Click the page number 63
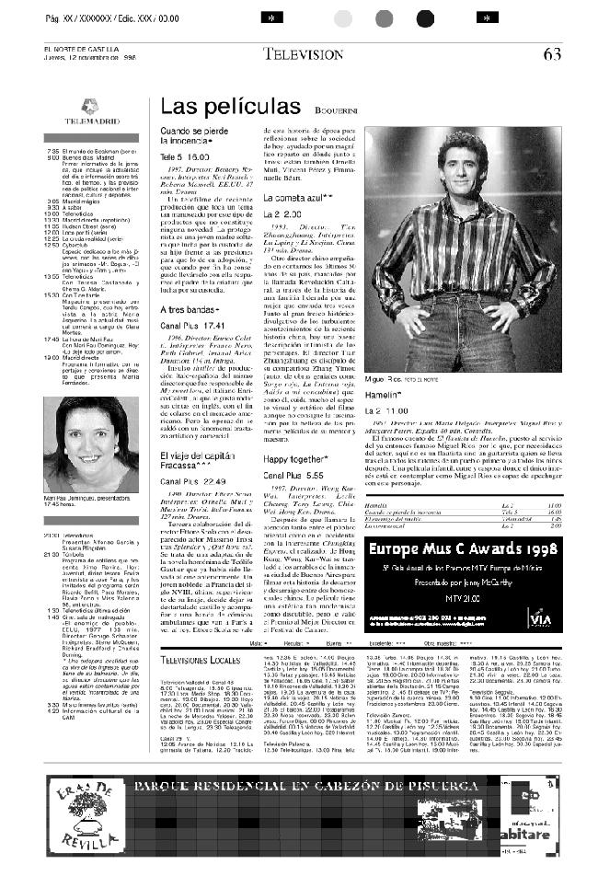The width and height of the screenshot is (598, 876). point(551,53)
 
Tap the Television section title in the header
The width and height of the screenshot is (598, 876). point(303,53)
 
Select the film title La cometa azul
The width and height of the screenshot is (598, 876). point(293,198)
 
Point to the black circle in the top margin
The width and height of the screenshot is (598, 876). point(424,18)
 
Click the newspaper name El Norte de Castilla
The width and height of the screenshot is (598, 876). point(86,49)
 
